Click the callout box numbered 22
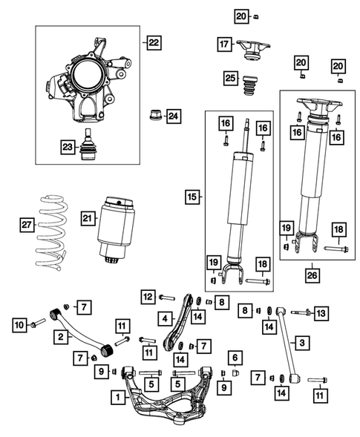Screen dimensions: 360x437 [154, 42]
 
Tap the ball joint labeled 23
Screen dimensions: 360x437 [87, 145]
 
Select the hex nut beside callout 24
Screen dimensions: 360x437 [156, 115]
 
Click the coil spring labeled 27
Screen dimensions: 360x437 [51, 233]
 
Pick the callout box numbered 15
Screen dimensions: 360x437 [192, 197]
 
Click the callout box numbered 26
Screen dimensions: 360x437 [312, 275]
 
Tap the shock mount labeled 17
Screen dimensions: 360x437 [253, 49]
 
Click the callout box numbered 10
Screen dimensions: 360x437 [19, 325]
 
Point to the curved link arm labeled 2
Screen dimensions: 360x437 [82, 332]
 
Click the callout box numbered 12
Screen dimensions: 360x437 [148, 297]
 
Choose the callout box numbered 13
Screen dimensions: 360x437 [321, 313]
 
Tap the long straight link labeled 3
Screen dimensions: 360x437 [287, 344]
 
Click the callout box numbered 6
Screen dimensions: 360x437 [235, 358]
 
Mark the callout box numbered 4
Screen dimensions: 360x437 [165, 318]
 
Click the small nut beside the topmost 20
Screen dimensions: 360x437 [256, 17]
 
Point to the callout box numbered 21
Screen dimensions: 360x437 [88, 218]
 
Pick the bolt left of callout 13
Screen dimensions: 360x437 [301, 312]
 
